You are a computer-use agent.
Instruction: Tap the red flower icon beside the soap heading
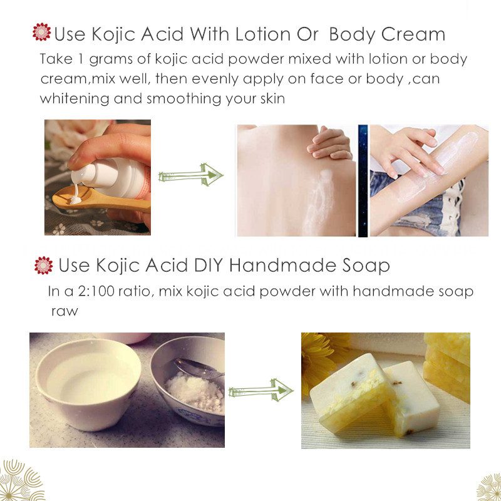tap(43, 265)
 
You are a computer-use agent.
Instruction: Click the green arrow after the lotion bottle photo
tap(190, 175)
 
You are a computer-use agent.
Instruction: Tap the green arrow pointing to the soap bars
tap(261, 391)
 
